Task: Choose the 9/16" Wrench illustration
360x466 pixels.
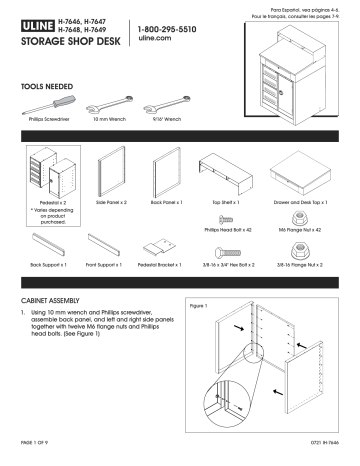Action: [167, 109]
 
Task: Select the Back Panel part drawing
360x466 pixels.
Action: [170, 175]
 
